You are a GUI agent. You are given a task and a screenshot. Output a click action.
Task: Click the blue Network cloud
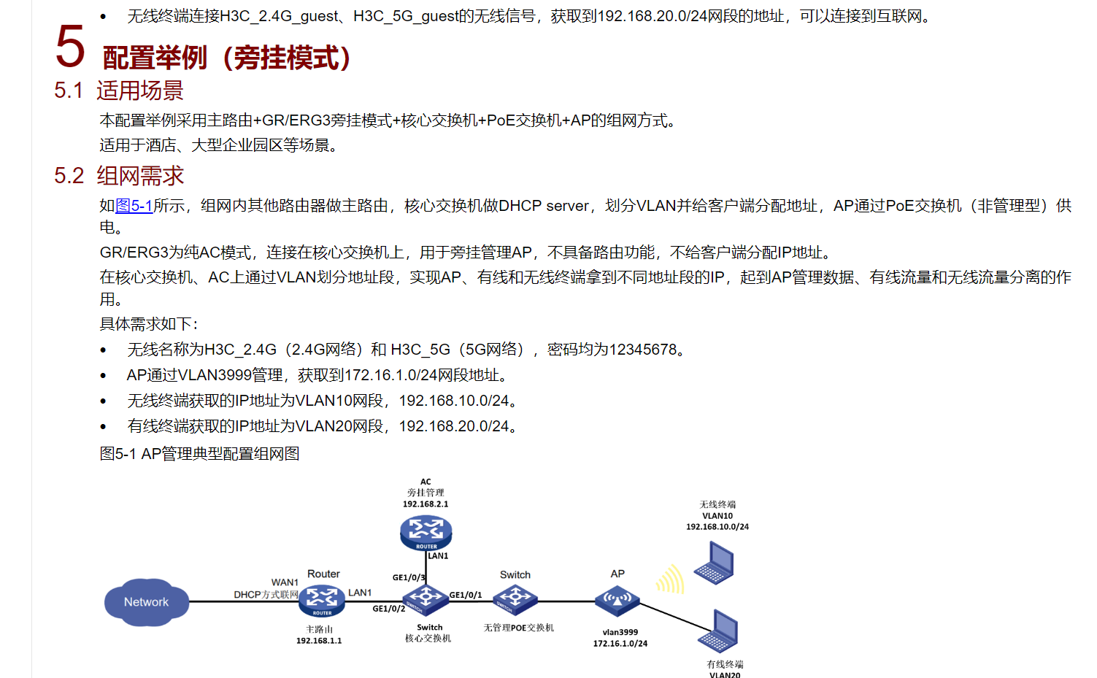point(146,602)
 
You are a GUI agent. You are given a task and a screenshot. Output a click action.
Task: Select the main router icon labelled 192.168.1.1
point(321,600)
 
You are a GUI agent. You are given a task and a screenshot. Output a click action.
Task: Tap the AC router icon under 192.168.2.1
point(426,533)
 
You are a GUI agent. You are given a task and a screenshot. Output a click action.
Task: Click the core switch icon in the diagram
point(426,599)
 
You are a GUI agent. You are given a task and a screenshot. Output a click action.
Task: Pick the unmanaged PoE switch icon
point(515,599)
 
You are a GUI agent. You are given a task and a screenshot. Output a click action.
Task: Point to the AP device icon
point(617,601)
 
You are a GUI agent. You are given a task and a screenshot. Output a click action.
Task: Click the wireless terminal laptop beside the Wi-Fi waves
point(715,564)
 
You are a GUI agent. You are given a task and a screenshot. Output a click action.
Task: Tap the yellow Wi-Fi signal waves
point(670,579)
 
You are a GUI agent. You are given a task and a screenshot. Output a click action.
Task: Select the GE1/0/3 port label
point(409,577)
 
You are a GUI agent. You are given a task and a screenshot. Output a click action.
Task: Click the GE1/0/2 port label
point(388,609)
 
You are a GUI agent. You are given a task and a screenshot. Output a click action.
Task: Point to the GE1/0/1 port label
point(466,595)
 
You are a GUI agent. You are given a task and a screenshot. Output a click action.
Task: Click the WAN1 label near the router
point(285,582)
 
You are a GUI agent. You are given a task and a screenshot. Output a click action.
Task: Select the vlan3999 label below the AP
point(620,632)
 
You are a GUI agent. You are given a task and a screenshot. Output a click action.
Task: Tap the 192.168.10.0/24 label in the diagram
point(717,526)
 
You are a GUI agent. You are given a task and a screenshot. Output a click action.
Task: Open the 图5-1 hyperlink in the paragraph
point(134,206)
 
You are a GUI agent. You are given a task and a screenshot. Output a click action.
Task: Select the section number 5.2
point(69,176)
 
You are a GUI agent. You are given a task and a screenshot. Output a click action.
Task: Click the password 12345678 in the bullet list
point(643,350)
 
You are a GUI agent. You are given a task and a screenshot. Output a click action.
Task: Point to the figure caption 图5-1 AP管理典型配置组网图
point(199,454)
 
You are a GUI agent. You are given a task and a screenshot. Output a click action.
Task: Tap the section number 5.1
point(69,90)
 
